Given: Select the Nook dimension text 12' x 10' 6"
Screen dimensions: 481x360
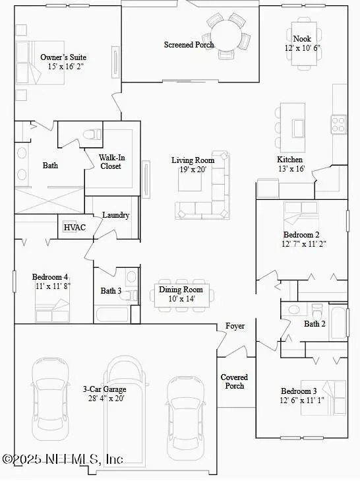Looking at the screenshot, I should [302, 49].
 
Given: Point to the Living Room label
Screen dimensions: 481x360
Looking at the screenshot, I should [193, 160].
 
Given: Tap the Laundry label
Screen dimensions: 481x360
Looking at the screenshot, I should [115, 215].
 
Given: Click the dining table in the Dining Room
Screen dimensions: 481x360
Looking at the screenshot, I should [181, 294].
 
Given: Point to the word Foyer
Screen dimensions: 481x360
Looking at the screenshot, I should [235, 326].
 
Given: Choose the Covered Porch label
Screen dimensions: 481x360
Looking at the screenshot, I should [235, 381].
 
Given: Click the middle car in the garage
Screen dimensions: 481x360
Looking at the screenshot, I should [124, 409].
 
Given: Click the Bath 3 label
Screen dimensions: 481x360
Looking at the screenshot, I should [111, 291].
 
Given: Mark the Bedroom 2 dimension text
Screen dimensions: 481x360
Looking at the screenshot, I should [303, 243].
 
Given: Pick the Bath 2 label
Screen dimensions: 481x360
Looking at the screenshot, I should [315, 324].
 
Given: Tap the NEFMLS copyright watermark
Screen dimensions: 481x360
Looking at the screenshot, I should [63, 459].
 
